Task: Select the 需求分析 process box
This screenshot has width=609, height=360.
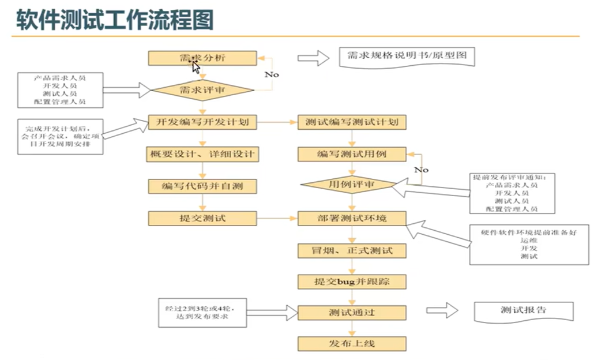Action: click(x=202, y=58)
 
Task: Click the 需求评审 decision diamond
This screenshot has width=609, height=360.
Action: click(x=202, y=90)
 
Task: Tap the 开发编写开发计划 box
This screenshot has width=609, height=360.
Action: click(x=202, y=122)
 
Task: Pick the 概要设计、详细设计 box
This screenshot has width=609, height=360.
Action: click(x=202, y=154)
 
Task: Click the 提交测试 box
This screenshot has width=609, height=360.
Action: click(x=202, y=218)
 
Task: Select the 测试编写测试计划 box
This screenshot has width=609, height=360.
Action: click(x=352, y=122)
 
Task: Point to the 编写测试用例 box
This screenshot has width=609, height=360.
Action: click(x=352, y=154)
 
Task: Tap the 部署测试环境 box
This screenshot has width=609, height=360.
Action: click(x=352, y=218)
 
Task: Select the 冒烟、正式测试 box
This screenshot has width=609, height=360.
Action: click(x=352, y=250)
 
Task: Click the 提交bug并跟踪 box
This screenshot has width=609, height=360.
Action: click(x=352, y=282)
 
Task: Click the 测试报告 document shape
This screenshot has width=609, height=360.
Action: click(x=523, y=310)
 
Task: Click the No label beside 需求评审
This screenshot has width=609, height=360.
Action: click(x=272, y=74)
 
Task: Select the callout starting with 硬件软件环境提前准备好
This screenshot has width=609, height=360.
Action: click(x=529, y=245)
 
